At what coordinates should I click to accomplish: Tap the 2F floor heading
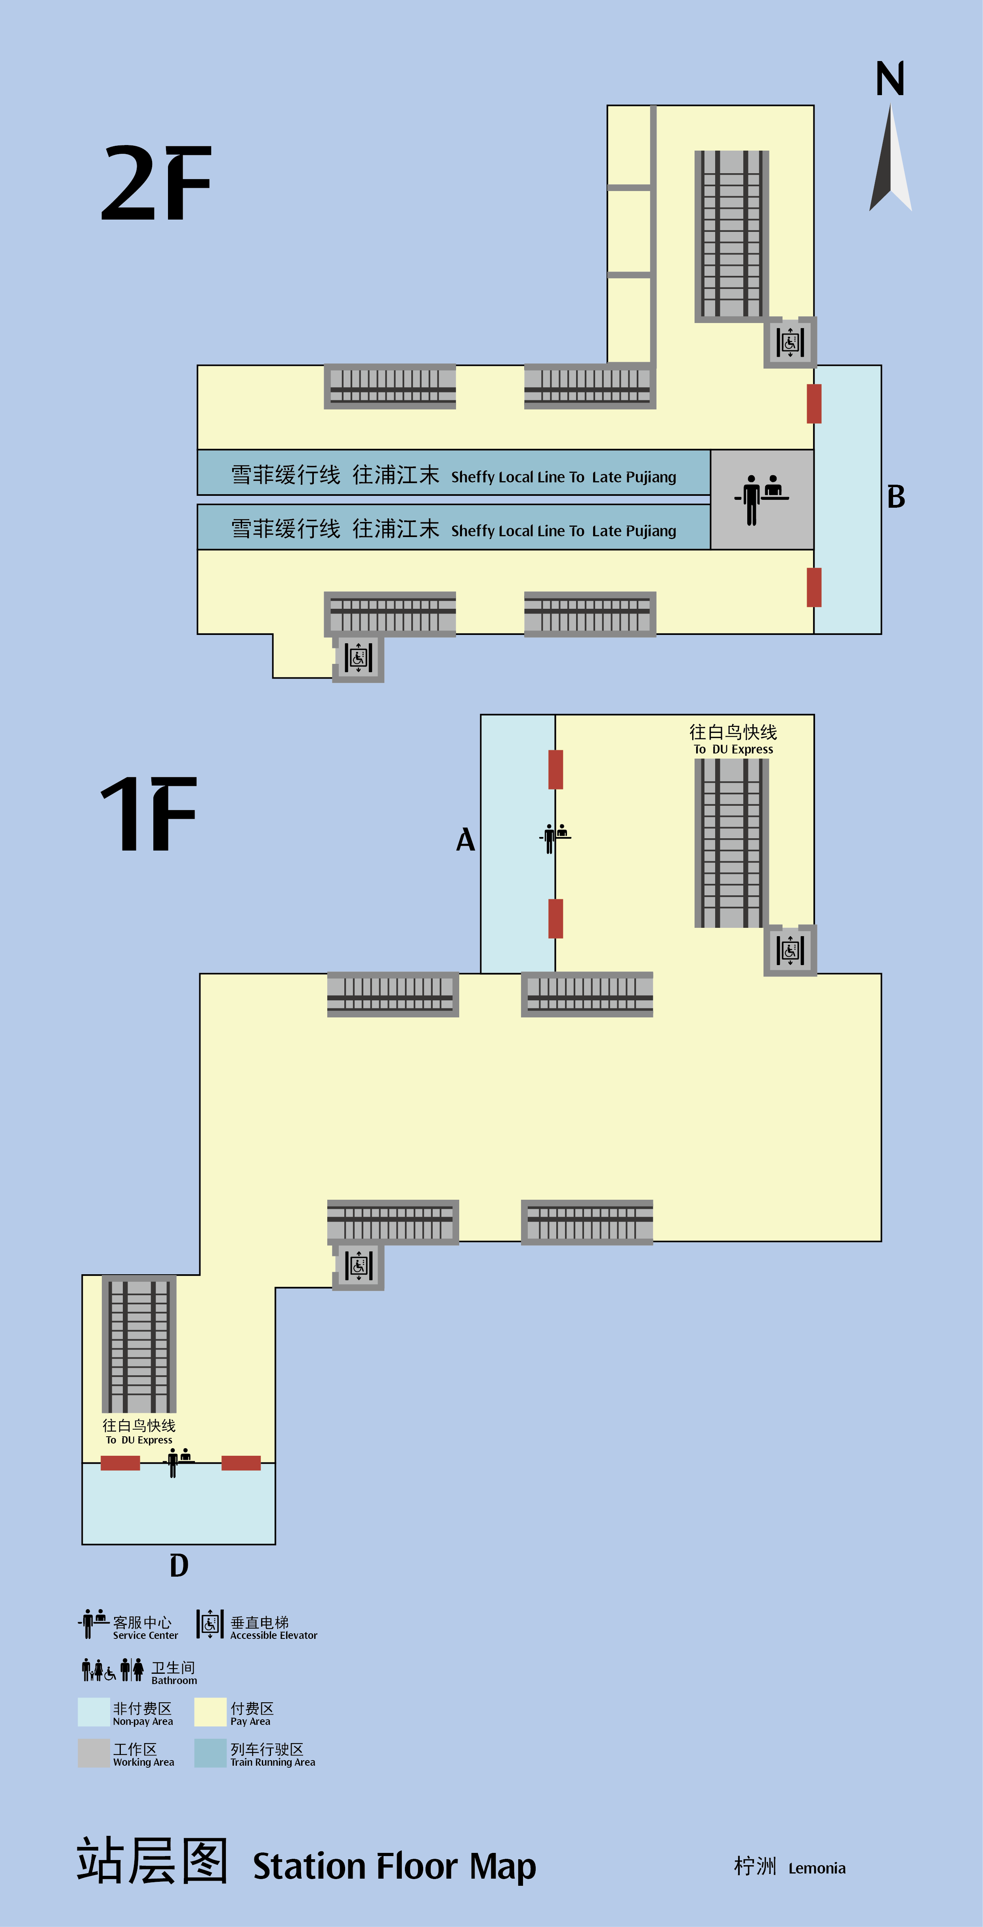[x=157, y=183]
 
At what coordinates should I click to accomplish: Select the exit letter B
[x=896, y=497]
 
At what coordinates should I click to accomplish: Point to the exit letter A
[x=465, y=840]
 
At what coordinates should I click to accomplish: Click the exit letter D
[x=179, y=1565]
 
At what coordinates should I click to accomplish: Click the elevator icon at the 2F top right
[x=790, y=342]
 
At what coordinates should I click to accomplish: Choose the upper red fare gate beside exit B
[x=814, y=404]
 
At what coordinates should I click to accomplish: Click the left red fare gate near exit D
[x=120, y=1463]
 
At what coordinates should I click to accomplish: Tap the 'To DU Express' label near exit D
[x=139, y=1440]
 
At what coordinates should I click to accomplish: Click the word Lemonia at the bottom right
[x=817, y=1869]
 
